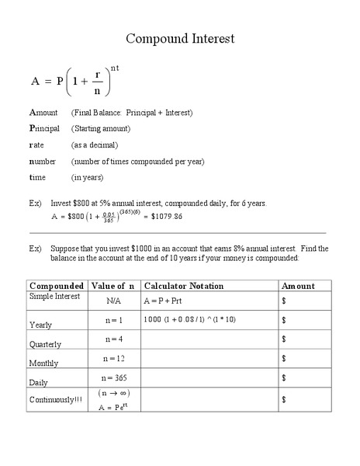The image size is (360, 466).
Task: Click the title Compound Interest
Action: (180, 38)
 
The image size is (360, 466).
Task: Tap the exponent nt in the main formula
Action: (115, 69)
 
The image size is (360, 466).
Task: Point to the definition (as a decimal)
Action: (95, 144)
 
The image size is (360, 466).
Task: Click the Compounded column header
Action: (57, 286)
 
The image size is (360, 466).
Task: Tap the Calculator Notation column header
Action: (185, 286)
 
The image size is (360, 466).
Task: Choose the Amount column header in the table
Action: (298, 286)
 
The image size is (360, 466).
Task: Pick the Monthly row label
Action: (43, 363)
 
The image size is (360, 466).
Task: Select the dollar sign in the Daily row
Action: (285, 378)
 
